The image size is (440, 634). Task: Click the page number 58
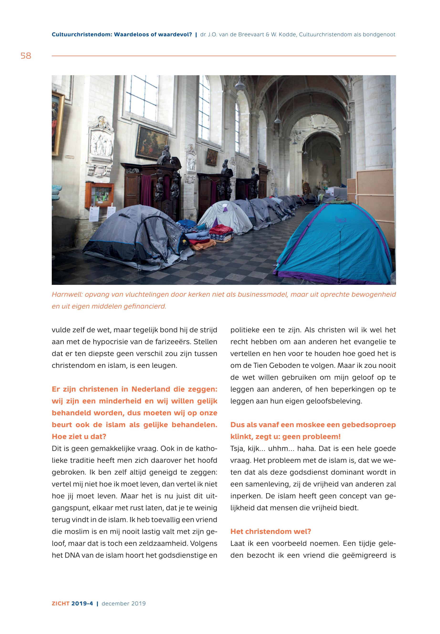(x=26, y=56)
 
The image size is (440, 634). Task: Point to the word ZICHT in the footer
(x=60, y=603)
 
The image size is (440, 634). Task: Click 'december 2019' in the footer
(x=124, y=603)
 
